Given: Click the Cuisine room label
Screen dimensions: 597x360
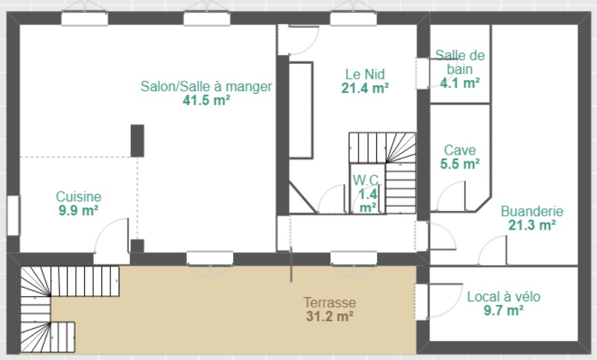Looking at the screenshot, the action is click(79, 197).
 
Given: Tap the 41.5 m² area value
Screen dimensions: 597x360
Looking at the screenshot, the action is click(206, 100).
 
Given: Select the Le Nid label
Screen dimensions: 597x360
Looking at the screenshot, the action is click(365, 74).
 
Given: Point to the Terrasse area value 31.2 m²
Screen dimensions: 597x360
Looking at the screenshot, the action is click(330, 316).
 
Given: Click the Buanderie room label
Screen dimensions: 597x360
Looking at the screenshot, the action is click(532, 211).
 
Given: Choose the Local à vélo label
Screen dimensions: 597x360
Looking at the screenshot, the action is click(504, 297).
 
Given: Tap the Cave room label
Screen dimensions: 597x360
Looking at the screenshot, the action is click(460, 150).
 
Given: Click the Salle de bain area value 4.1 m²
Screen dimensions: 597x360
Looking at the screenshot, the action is click(460, 83).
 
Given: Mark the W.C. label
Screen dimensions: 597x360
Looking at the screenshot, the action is click(367, 179).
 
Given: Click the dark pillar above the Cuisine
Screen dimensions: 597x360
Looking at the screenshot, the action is click(137, 141).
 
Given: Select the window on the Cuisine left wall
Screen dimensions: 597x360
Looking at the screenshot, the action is click(13, 215).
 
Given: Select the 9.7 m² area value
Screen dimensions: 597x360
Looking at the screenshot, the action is click(504, 310).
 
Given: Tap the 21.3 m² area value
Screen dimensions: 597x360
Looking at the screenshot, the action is click(532, 225).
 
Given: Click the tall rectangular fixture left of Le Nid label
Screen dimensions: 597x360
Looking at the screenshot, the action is click(301, 110).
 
